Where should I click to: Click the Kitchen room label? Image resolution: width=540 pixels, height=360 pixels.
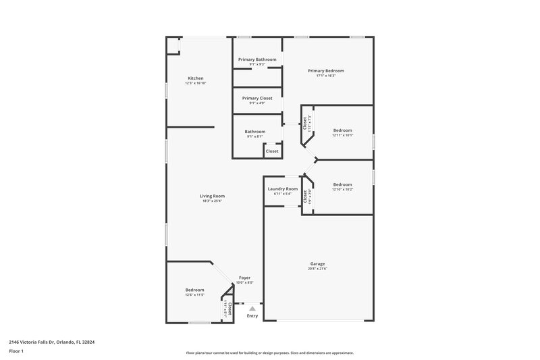[x=195, y=78]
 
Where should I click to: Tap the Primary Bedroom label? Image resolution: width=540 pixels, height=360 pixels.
[x=326, y=71]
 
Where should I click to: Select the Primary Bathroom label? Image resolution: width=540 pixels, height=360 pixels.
[x=256, y=59]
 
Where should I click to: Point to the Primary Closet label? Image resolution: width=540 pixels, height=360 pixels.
[x=256, y=98]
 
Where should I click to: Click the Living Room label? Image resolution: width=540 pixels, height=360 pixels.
[x=211, y=196]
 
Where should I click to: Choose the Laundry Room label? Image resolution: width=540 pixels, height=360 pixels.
[x=282, y=189]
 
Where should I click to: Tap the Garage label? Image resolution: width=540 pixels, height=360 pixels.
[x=317, y=263]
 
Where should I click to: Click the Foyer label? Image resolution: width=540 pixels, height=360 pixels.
[x=244, y=278]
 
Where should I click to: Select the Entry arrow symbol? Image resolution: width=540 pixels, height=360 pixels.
[x=252, y=308]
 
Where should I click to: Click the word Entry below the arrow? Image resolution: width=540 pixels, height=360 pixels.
[x=252, y=315]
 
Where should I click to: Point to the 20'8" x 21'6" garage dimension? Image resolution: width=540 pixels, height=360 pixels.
[x=317, y=269]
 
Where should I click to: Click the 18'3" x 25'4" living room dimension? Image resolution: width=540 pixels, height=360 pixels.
[x=211, y=201]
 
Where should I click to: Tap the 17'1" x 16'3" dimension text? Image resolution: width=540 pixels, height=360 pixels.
[x=326, y=76]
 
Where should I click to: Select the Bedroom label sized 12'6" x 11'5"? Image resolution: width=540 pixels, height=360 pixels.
[x=194, y=290]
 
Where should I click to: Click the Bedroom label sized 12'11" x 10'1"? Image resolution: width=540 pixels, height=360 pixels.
[x=342, y=130]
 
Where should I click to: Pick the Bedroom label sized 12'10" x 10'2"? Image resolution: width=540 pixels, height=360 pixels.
[x=342, y=184]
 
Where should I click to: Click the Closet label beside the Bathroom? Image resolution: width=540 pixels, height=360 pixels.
[x=271, y=151]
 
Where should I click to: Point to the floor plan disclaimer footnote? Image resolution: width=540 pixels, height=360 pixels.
[x=269, y=353]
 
